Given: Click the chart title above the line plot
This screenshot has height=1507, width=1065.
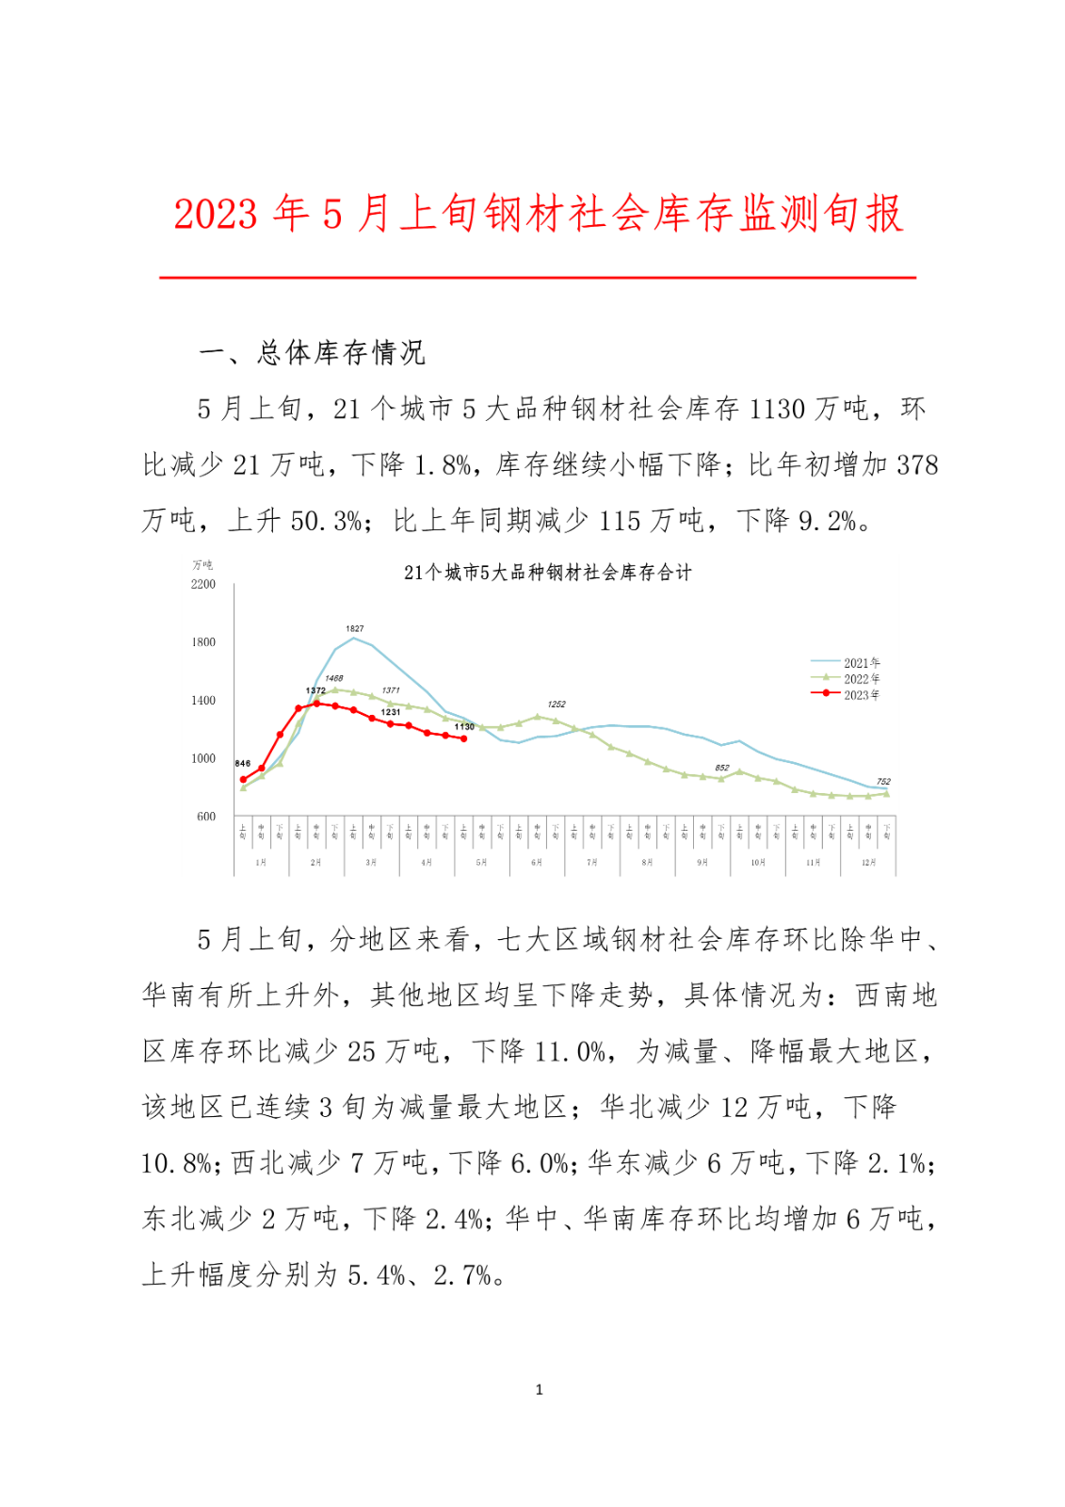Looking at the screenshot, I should click(547, 573).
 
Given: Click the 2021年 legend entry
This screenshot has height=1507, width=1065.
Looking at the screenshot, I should click(861, 663).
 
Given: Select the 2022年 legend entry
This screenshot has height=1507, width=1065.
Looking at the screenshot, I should click(861, 679).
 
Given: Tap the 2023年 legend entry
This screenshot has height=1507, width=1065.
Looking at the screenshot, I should click(861, 695).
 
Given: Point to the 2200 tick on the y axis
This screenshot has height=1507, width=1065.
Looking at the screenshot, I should click(203, 584).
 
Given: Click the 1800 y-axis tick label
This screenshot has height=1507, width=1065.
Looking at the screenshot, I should click(203, 642).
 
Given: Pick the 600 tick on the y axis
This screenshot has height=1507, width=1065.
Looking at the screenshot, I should click(206, 817).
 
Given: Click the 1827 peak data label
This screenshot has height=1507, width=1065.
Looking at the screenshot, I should click(354, 628).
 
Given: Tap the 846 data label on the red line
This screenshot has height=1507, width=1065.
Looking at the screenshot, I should click(243, 764).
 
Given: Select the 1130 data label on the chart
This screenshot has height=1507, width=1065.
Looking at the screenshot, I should click(464, 727).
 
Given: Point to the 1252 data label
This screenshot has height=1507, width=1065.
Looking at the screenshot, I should click(557, 705).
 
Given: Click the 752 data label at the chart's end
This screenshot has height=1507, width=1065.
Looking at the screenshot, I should click(883, 782).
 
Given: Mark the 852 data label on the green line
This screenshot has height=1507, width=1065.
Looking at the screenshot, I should click(722, 769).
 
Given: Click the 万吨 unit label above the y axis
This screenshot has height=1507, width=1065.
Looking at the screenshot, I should click(202, 565).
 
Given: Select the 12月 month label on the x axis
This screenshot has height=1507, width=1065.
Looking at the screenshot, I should click(868, 863).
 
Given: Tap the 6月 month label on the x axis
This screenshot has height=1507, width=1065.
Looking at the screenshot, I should click(537, 863).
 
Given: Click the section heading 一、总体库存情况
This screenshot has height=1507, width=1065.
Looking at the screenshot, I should click(313, 353).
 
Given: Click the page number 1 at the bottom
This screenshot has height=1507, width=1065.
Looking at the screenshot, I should click(539, 1389).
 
